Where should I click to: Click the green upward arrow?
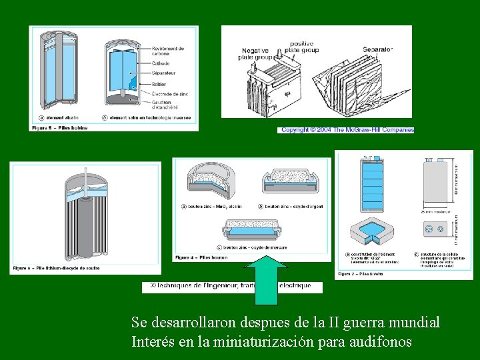click(267, 273)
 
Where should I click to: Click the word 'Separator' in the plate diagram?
click(377, 49)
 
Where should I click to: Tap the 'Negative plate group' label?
click(256, 54)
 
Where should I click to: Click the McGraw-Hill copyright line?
click(347, 130)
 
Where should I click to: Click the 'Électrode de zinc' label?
click(169, 95)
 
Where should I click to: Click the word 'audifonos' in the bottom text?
click(382, 342)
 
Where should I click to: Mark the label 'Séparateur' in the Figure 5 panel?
click(164, 72)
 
